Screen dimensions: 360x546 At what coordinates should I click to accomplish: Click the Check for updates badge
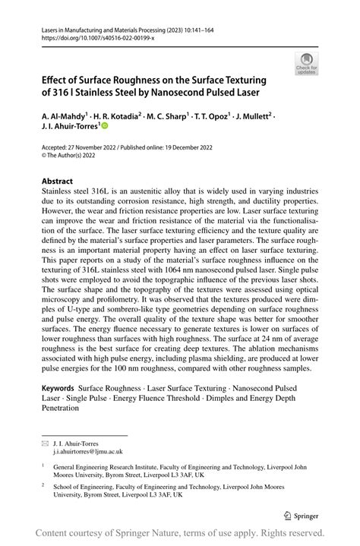(307, 63)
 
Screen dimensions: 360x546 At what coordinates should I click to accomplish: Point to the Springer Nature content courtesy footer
(179, 532)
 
